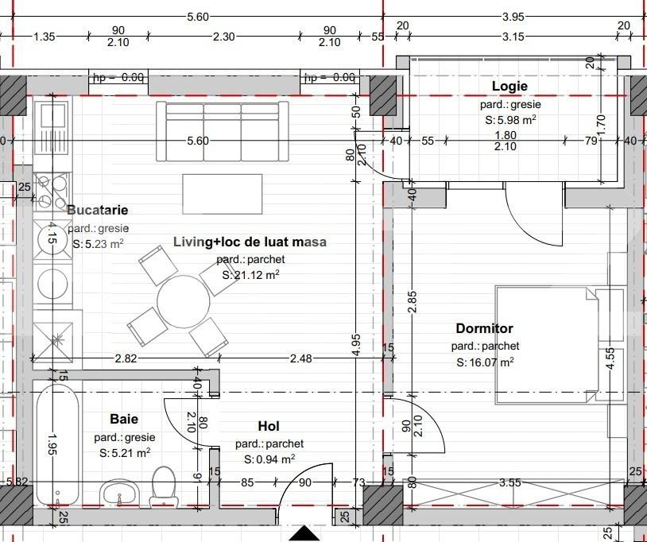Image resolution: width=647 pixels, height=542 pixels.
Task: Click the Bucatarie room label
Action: (x=97, y=211)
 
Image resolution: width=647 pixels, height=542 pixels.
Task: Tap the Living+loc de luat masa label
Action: (x=250, y=242)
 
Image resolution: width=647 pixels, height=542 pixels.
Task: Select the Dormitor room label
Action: (x=484, y=328)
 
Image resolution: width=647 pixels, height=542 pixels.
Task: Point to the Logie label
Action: (x=509, y=87)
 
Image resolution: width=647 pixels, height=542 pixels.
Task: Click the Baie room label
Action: (x=123, y=419)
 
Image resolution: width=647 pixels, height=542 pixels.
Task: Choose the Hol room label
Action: (x=269, y=427)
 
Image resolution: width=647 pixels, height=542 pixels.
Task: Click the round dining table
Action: (x=184, y=300)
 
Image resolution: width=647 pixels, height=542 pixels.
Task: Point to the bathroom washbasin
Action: (x=120, y=494)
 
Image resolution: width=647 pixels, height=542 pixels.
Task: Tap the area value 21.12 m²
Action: (x=250, y=275)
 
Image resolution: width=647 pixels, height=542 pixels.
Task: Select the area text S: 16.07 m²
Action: (x=485, y=362)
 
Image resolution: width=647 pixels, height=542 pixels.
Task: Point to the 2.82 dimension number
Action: (x=126, y=359)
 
